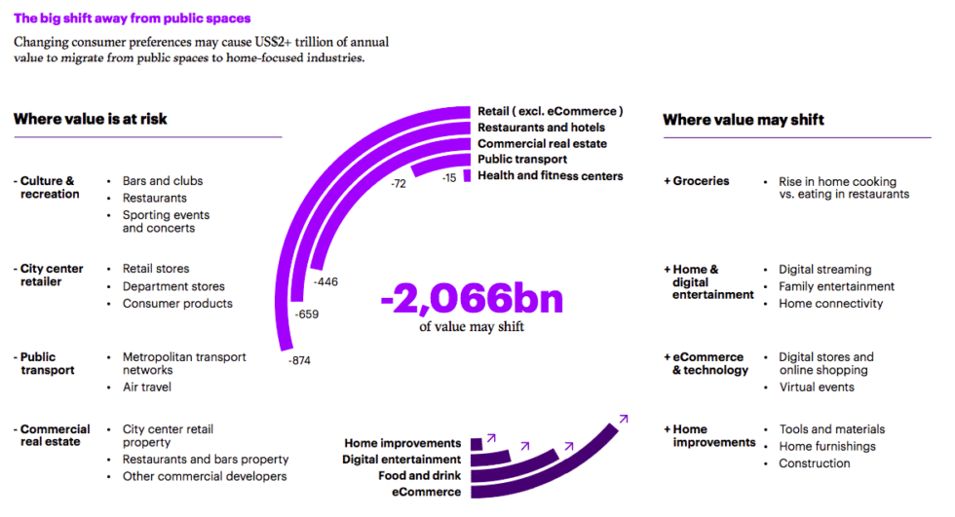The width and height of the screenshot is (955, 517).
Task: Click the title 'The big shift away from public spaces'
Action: tap(132, 18)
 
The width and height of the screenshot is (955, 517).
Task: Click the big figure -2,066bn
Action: tap(472, 298)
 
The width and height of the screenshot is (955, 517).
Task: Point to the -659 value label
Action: tap(306, 314)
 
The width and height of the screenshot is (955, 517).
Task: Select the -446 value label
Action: tap(325, 281)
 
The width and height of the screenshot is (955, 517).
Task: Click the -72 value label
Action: tap(398, 183)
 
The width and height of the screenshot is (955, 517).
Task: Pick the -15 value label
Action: tap(448, 178)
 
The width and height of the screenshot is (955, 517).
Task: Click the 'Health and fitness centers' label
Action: tap(550, 176)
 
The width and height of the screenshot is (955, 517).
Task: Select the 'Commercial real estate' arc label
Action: tap(542, 144)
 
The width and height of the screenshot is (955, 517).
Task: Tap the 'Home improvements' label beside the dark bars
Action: tap(401, 443)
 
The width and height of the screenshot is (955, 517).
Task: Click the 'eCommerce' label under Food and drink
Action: tap(426, 493)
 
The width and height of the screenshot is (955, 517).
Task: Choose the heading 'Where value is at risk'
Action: tap(90, 119)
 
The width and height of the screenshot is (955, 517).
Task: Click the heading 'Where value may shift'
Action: tap(744, 120)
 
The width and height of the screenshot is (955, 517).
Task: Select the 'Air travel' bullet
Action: tap(146, 388)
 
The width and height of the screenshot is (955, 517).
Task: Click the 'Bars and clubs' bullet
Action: tap(163, 181)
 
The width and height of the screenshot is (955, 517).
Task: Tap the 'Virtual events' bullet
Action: tap(817, 388)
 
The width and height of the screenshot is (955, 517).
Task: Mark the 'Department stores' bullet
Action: tap(173, 286)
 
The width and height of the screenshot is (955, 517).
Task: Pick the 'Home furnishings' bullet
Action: tap(827, 446)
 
